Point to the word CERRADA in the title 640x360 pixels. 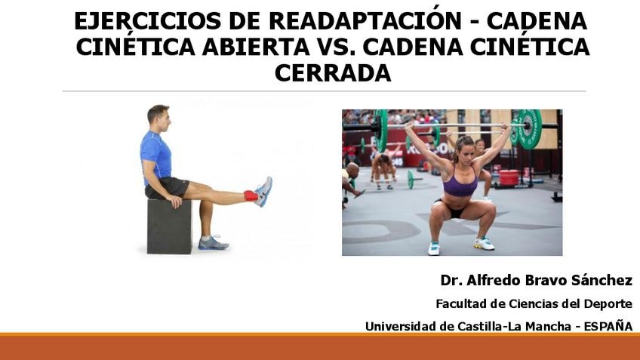pyautogui.click(x=332, y=73)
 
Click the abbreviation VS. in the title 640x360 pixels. pyautogui.click(x=333, y=47)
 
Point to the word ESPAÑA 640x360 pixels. pyautogui.click(x=608, y=326)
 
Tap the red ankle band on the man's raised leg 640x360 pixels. pyautogui.click(x=251, y=195)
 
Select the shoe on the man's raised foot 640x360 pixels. pyautogui.click(x=263, y=191)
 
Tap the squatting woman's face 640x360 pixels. pyautogui.click(x=463, y=146)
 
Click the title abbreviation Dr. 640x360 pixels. pyautogui.click(x=451, y=280)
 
